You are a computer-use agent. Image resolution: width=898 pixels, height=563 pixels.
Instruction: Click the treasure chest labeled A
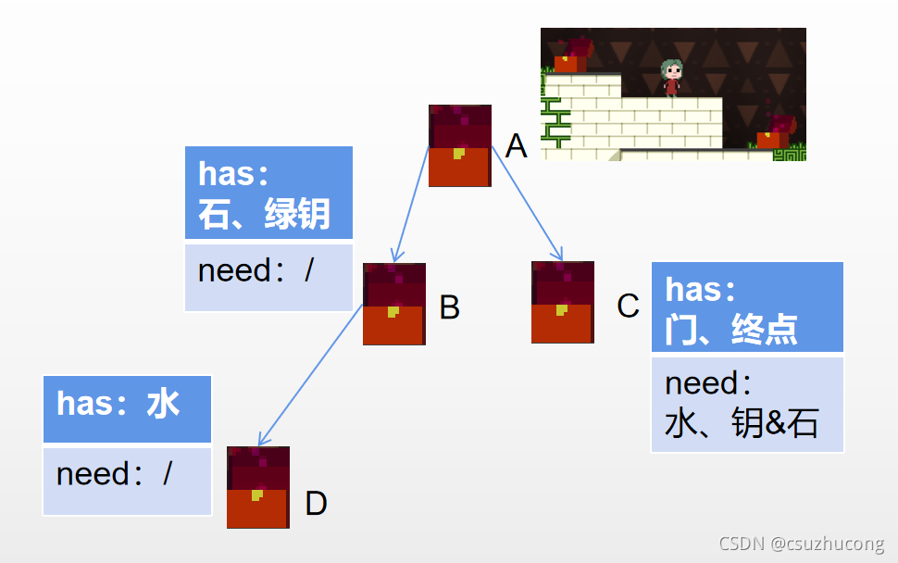pyautogui.click(x=459, y=145)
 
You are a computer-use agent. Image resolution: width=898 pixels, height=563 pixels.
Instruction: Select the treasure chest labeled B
pyautogui.click(x=393, y=304)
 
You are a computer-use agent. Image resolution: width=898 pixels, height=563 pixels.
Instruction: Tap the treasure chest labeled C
pyautogui.click(x=562, y=302)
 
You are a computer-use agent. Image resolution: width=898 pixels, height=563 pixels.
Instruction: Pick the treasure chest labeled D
pyautogui.click(x=257, y=487)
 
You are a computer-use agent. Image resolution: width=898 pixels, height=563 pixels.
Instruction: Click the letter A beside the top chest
pyautogui.click(x=516, y=145)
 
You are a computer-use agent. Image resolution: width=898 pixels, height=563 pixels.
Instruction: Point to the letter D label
pyautogui.click(x=316, y=505)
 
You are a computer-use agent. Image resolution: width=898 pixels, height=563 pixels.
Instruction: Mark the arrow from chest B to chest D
pyautogui.click(x=310, y=375)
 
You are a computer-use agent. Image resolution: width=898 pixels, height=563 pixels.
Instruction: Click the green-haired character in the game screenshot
pyautogui.click(x=671, y=78)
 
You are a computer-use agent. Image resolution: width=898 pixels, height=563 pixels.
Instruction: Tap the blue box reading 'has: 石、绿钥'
pyautogui.click(x=268, y=193)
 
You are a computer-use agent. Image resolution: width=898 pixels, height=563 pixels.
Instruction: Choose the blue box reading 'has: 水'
pyautogui.click(x=127, y=408)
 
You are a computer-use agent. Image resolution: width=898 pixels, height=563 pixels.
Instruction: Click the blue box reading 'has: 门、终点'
pyautogui.click(x=746, y=307)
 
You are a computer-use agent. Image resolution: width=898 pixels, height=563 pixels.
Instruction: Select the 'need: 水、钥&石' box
pyautogui.click(x=746, y=404)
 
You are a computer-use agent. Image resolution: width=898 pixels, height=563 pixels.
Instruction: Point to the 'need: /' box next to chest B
pyautogui.click(x=268, y=277)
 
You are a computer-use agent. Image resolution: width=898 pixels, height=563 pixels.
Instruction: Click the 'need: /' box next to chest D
pyautogui.click(x=127, y=480)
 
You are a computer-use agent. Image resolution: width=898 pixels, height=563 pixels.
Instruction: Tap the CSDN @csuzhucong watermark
pyautogui.click(x=801, y=544)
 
